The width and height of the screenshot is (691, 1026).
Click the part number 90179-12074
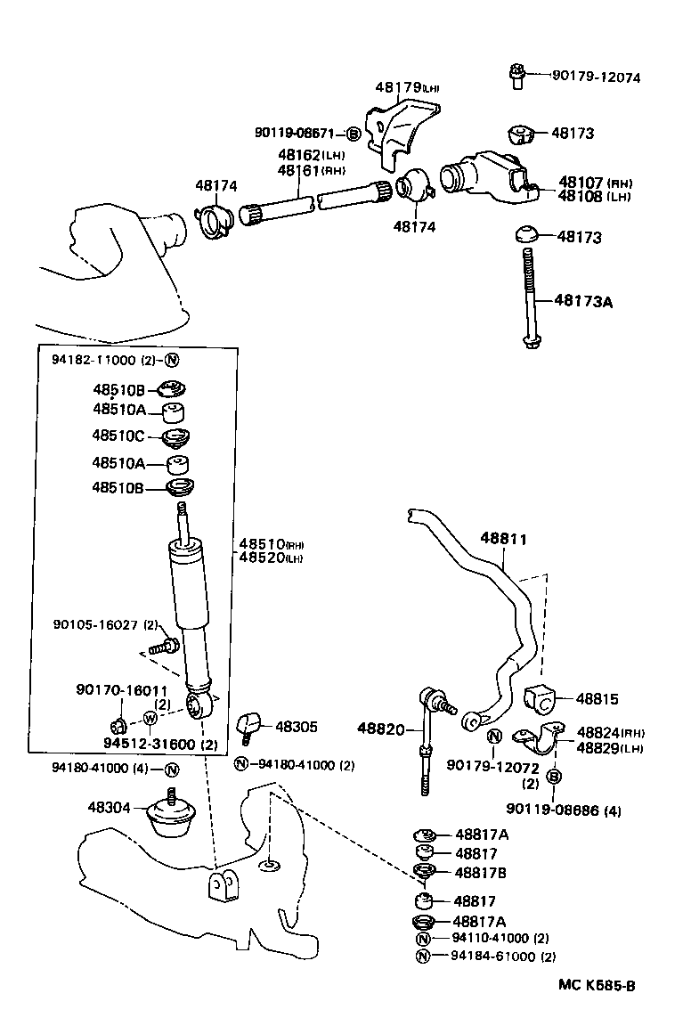click(584, 77)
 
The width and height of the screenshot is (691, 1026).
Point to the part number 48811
click(503, 539)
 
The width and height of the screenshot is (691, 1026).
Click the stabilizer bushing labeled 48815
click(541, 700)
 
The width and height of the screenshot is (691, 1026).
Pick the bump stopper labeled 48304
click(171, 815)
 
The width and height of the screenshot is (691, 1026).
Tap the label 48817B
click(481, 872)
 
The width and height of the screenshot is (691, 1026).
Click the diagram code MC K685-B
click(597, 985)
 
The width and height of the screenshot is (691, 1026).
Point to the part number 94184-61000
click(492, 957)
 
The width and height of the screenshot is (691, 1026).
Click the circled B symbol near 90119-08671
click(353, 134)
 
